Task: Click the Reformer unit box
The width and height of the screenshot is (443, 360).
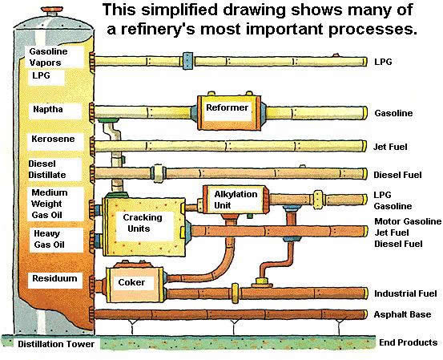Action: point(229,112)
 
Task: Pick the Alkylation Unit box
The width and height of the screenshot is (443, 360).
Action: point(236,200)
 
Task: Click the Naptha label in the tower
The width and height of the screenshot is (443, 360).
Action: point(48,109)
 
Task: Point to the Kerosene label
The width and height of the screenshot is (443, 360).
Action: point(53,139)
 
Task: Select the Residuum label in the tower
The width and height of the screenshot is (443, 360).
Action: point(54,278)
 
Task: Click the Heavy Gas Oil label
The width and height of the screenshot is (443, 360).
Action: point(49,239)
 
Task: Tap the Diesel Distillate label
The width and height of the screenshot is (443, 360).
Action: point(47,169)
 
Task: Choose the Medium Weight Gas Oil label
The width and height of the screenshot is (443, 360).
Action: point(49,204)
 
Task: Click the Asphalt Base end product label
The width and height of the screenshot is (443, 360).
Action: point(402,314)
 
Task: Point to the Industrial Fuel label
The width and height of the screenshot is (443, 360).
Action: point(405,293)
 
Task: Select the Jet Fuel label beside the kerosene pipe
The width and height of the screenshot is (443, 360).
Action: point(390,147)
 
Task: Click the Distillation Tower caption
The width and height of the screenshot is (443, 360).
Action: point(56,344)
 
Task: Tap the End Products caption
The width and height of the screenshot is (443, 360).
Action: point(409,342)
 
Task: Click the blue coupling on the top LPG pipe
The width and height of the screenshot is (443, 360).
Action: point(187,61)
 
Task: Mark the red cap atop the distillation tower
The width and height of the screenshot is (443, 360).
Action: point(53,10)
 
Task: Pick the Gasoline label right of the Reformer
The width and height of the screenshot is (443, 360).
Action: point(393,113)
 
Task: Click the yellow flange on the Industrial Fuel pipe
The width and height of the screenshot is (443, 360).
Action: point(235,293)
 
